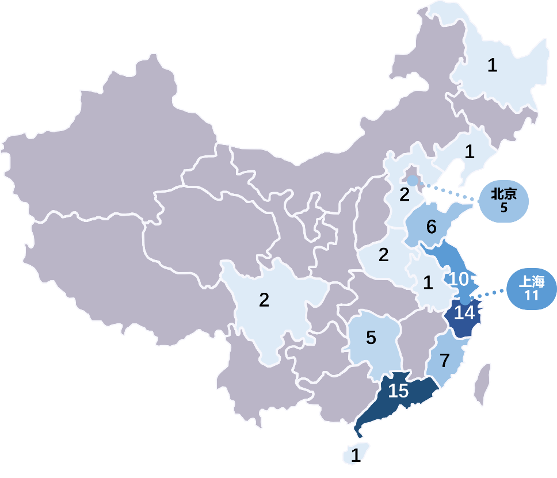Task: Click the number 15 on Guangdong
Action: click(x=398, y=391)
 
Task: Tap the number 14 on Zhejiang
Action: click(x=465, y=313)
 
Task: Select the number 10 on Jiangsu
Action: click(x=459, y=280)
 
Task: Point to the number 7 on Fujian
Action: click(x=444, y=361)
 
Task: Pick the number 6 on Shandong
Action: click(x=431, y=227)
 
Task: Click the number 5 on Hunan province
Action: click(x=371, y=338)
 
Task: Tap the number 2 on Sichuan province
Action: click(x=264, y=300)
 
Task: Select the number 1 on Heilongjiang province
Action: click(x=492, y=66)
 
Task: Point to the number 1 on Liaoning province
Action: click(x=470, y=152)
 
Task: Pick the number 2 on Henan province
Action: click(x=384, y=254)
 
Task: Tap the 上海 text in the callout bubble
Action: click(x=531, y=282)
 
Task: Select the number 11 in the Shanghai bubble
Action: click(x=531, y=296)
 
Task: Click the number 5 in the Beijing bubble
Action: click(x=503, y=208)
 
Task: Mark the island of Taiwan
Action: click(x=482, y=384)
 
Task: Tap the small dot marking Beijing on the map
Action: click(x=413, y=181)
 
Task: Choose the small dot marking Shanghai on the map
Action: click(x=466, y=300)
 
